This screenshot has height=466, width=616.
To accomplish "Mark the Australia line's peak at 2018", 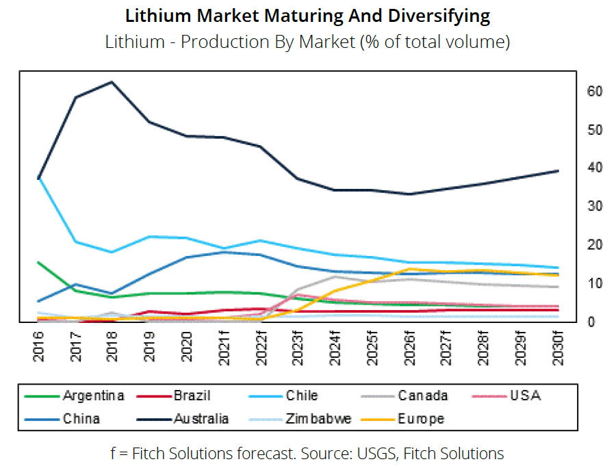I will [112, 82].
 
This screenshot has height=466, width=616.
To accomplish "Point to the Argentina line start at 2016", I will [38, 261].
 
